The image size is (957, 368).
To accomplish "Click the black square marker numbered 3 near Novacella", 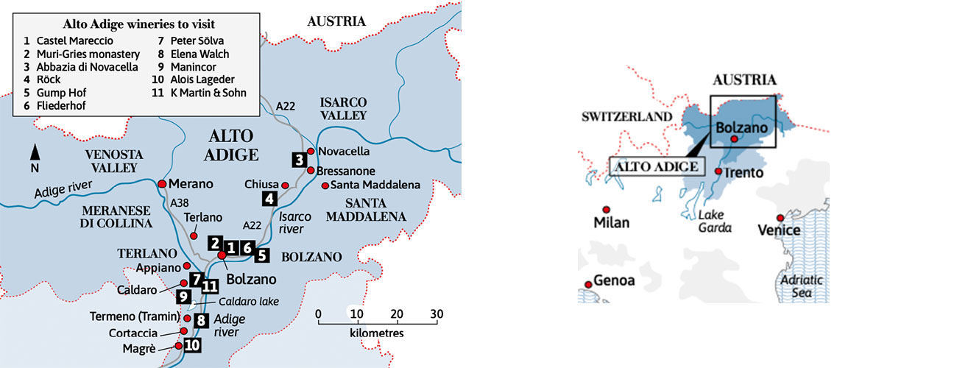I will tap(299, 159).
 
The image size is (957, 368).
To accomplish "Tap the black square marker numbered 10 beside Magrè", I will tap(191, 344).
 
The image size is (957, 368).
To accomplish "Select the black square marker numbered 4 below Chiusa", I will tap(269, 198).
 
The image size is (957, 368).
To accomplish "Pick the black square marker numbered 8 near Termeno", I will tap(199, 320).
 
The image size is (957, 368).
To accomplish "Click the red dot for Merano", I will tap(161, 183).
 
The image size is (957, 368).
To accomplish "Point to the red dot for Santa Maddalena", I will tap(325, 185).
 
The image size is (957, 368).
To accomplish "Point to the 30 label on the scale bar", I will tap(437, 314).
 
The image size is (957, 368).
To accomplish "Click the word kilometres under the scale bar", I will tap(377, 333).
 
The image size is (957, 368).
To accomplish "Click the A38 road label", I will tap(178, 202).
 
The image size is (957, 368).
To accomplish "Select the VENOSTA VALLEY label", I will tap(111, 161).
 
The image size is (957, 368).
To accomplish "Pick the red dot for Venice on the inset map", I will tap(780, 218).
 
